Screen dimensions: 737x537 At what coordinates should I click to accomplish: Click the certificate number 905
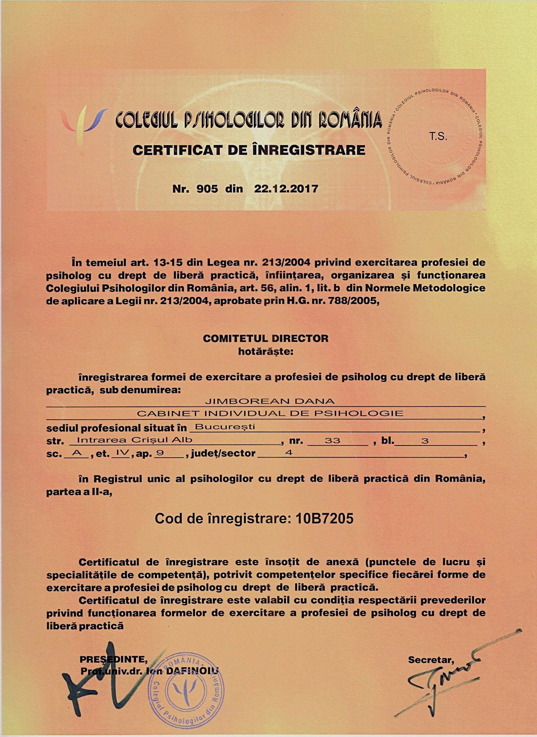click(x=207, y=189)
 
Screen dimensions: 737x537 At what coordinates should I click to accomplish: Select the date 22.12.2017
click(x=286, y=189)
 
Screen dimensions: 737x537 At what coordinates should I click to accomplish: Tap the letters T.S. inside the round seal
click(x=438, y=137)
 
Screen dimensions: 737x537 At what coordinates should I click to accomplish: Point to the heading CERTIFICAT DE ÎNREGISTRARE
click(x=249, y=150)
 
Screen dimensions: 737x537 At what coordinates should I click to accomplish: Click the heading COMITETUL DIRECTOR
click(x=265, y=338)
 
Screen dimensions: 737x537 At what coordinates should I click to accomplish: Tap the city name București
click(x=225, y=427)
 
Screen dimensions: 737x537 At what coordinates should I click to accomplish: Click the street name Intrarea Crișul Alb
click(x=135, y=440)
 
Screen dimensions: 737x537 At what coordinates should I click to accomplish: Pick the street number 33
click(x=332, y=440)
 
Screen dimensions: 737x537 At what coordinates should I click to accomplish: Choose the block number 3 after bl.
click(x=425, y=440)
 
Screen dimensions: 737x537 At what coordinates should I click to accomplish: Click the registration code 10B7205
click(x=325, y=518)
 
